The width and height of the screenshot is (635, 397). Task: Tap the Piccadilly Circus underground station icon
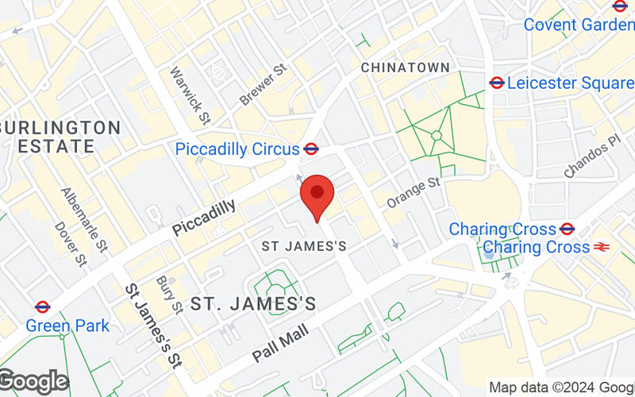pos(311,148)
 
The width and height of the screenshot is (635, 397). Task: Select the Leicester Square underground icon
pos(497,83)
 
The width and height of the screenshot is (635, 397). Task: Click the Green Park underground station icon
pos(43,307)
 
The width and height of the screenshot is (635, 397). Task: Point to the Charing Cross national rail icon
pos(602,247)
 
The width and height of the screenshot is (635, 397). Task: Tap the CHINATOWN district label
pos(405,68)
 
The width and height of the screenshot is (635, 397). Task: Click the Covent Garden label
pos(578,25)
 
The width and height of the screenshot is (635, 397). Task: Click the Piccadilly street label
pos(204,218)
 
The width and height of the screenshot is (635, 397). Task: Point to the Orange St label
pos(413,193)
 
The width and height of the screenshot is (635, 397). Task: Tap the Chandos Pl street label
pos(591,156)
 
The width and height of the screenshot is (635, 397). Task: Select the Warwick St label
pos(189,95)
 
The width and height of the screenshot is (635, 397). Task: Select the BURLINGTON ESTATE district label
pos(60,137)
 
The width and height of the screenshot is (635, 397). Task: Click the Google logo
pos(33,382)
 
